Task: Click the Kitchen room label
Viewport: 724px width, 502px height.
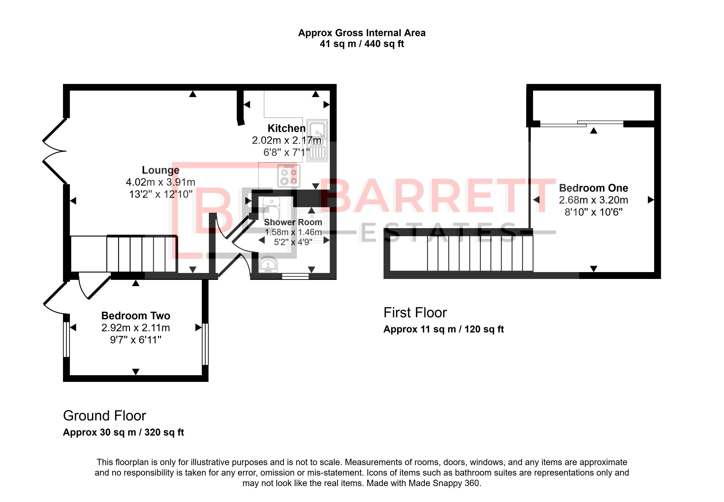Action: point(286,128)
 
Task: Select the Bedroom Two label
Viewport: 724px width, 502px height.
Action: point(136,315)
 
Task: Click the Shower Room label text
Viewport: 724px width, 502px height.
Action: point(293,222)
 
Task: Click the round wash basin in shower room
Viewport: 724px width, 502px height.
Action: point(268,264)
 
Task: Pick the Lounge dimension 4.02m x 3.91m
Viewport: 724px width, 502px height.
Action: point(161,182)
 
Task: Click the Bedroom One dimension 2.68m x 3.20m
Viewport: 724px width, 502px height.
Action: point(593,200)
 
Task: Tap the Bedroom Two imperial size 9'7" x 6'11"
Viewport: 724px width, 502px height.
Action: point(136,340)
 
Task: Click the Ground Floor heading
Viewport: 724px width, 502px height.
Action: point(104,416)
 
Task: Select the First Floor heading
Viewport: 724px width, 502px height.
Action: point(415,313)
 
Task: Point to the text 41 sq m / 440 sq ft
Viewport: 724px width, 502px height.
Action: point(362,44)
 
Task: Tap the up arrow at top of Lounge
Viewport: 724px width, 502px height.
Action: point(193,94)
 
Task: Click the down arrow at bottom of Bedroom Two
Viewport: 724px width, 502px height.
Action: point(136,372)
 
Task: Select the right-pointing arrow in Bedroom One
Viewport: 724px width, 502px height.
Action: point(651,200)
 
